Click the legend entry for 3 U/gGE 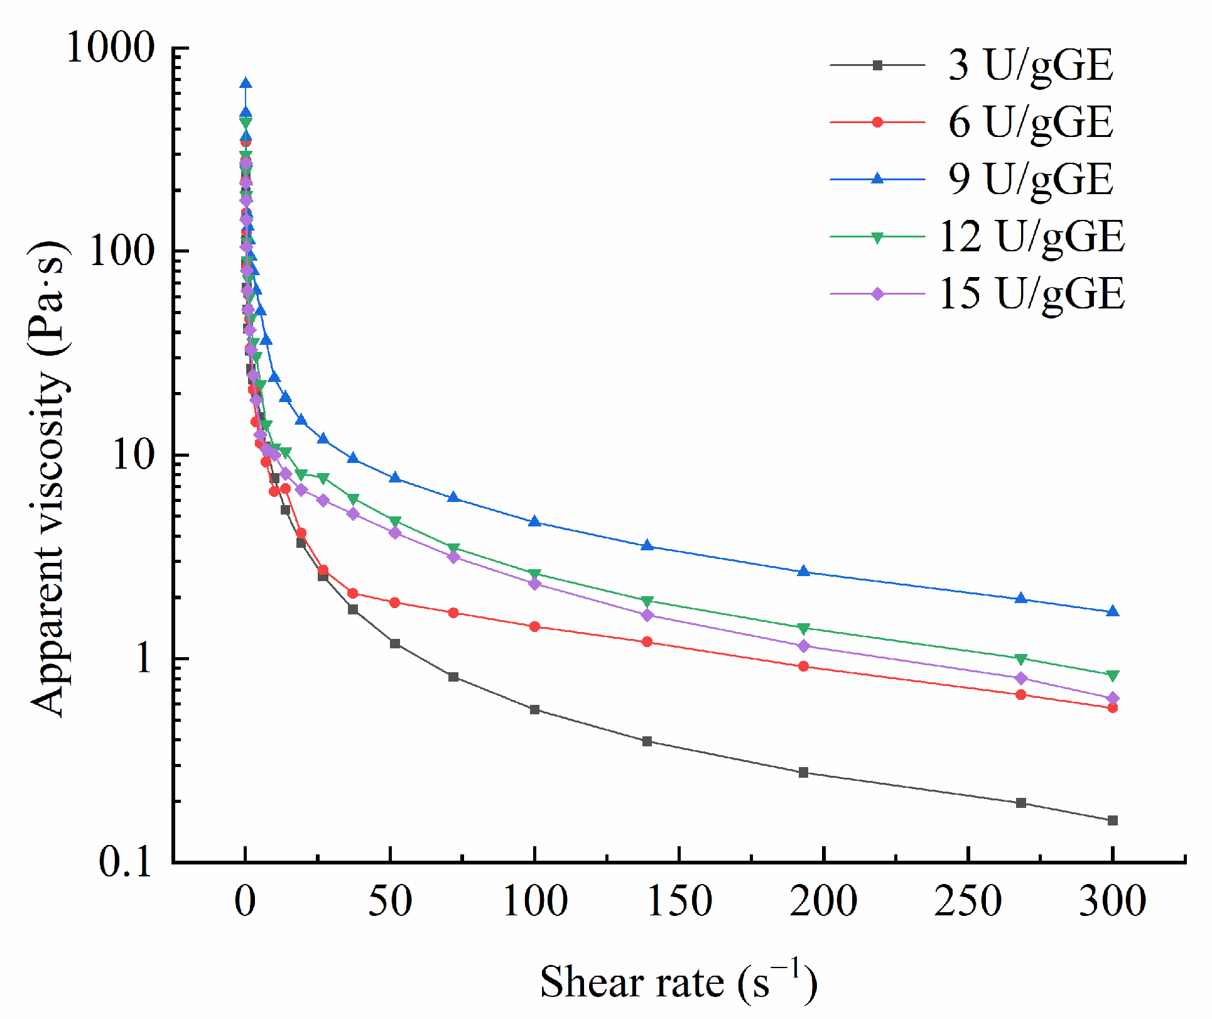click(x=1030, y=65)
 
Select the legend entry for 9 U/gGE click(x=1030, y=180)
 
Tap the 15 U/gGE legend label click(x=1031, y=294)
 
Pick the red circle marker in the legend click(x=877, y=123)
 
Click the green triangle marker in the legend click(x=877, y=237)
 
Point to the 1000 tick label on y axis click(x=111, y=48)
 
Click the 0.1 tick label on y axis click(x=126, y=862)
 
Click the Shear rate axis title click(x=678, y=983)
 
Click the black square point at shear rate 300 click(x=1112, y=820)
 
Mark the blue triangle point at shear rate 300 click(x=1112, y=612)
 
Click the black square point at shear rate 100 click(x=534, y=710)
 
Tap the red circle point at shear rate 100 click(x=534, y=626)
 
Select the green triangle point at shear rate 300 click(x=1112, y=675)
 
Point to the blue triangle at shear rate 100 click(x=534, y=521)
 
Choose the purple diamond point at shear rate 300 click(x=1112, y=698)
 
